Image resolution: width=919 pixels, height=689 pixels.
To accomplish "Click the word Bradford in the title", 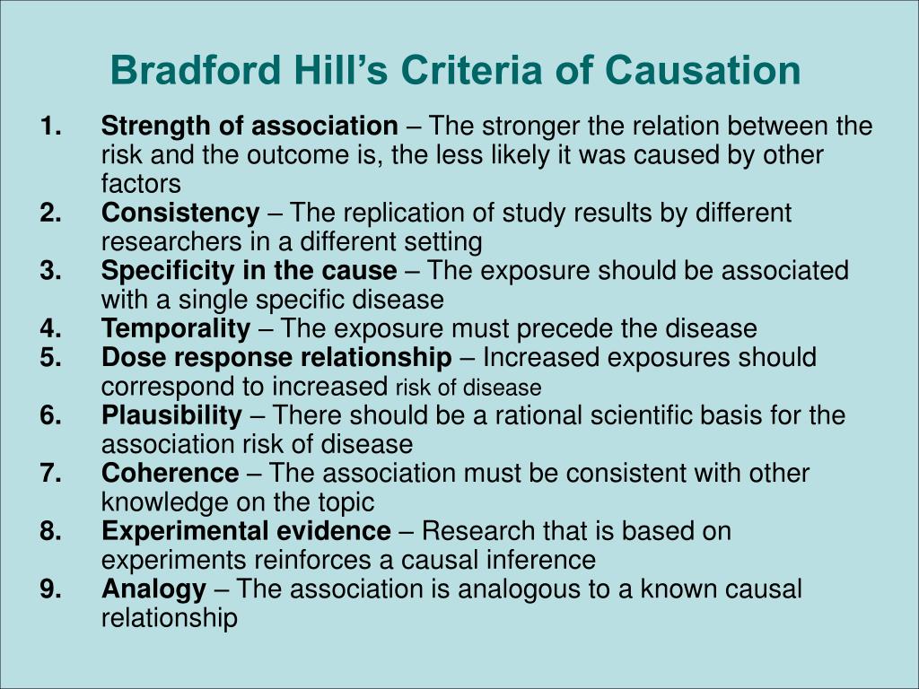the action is (196, 70).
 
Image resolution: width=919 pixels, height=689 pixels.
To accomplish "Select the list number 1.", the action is (50, 126).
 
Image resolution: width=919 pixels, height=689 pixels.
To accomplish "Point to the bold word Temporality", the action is (176, 328).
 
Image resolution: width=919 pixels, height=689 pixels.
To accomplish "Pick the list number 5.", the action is (50, 357).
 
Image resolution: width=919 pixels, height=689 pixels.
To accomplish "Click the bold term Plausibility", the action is (171, 415).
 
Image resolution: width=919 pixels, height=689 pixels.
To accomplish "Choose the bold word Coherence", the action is (170, 473).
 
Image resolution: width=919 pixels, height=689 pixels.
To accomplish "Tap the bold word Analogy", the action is (153, 589).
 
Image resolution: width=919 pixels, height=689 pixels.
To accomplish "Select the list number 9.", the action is (50, 589).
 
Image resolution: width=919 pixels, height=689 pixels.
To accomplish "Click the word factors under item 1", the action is (141, 184).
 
